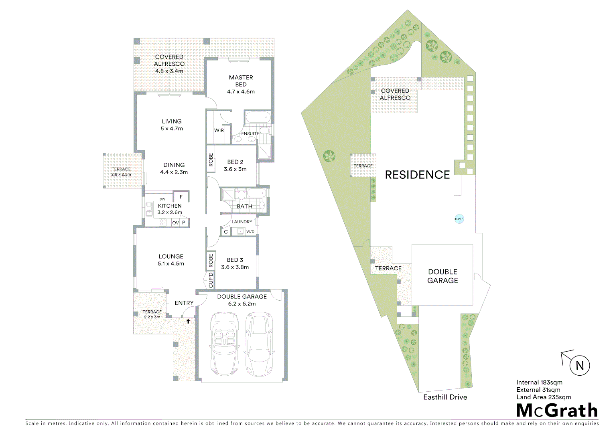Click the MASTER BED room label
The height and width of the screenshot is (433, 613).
241,81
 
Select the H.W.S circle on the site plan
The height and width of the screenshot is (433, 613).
459,219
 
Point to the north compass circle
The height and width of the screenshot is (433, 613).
579,365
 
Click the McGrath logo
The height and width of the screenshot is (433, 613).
557,411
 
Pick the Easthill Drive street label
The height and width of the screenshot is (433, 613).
445,397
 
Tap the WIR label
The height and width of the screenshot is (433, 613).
219,130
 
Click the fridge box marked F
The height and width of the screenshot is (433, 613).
181,197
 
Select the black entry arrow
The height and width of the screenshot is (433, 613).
188,321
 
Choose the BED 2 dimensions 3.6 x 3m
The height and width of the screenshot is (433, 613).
235,169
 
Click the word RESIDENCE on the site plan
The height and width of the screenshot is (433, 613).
417,175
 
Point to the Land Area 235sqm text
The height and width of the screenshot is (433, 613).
544,397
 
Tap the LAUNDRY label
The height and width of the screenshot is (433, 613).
242,222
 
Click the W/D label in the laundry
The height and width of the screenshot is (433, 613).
250,232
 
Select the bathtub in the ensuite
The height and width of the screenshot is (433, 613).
258,118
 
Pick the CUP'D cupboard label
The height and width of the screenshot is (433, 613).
211,280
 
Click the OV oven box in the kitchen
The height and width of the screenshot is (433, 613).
175,223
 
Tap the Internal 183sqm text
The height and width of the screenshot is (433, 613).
539,382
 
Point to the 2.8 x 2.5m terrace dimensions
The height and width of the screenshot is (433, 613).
121,174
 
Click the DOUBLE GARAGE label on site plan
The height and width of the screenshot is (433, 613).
442,276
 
